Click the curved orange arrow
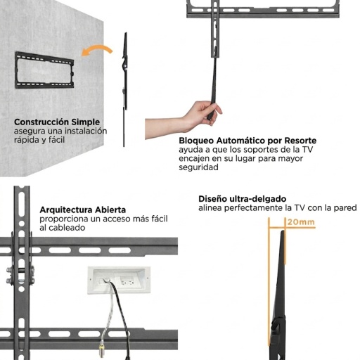click(x=96, y=49)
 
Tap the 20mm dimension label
click(x=301, y=222)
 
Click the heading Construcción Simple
click(x=57, y=122)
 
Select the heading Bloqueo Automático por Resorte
click(x=247, y=141)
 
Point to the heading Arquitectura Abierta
click(x=83, y=210)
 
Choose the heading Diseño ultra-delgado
click(x=243, y=199)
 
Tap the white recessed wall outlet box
click(x=119, y=280)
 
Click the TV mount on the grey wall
click(x=44, y=70)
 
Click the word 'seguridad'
click(x=198, y=167)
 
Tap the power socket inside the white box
click(x=127, y=281)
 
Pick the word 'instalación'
click(x=86, y=131)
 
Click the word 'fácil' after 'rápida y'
click(x=56, y=140)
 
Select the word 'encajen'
click(x=194, y=159)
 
